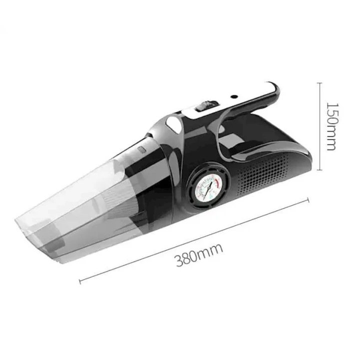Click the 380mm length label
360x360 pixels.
tap(199, 254)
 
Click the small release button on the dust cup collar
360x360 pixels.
tap(141, 149)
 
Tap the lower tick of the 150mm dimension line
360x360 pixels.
tap(321, 170)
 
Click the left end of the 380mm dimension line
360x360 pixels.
tap(80, 282)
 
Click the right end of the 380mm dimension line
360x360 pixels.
tap(308, 200)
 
